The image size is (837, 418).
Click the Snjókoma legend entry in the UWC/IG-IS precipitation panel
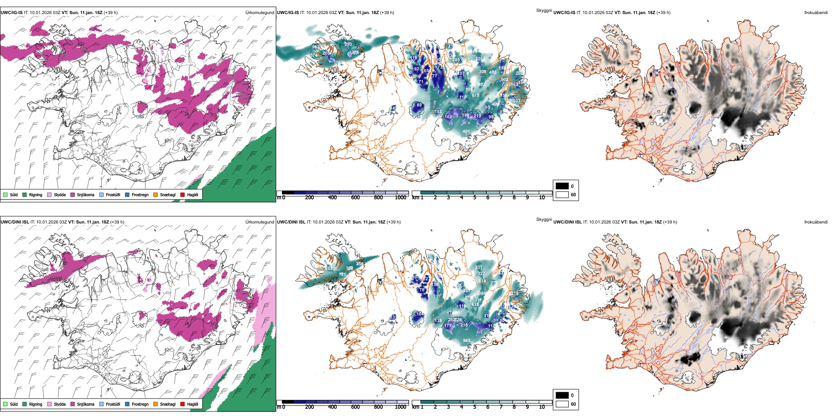tap(85, 194)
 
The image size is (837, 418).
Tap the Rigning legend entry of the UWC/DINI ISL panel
tap(36, 404)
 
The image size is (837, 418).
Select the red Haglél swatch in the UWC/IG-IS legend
tap(182, 194)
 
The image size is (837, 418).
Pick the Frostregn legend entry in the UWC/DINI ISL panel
tap(140, 404)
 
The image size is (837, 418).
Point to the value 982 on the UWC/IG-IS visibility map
tap(481, 84)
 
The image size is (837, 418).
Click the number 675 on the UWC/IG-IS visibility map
tap(475, 95)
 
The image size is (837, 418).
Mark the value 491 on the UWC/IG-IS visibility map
tap(466, 132)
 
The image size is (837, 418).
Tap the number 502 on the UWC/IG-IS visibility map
tap(504, 80)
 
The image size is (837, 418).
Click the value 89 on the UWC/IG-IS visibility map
tap(419, 105)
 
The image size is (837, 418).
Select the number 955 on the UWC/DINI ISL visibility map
tap(467, 340)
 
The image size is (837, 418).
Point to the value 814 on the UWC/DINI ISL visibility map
tap(482, 281)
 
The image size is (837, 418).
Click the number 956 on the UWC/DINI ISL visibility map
tap(482, 293)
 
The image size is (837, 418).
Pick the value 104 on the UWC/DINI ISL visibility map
tap(419, 314)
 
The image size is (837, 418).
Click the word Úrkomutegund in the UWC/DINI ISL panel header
tap(259, 222)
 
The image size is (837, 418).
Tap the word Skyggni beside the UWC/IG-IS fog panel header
tap(544, 10)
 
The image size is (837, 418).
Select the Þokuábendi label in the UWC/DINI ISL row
tap(816, 222)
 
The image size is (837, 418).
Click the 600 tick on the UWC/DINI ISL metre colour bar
tap(355, 407)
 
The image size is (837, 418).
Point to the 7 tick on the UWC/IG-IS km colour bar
tap(501, 198)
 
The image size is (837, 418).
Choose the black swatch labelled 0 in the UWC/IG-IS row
tap(562, 186)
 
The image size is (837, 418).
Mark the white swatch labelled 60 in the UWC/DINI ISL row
tap(562, 404)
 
